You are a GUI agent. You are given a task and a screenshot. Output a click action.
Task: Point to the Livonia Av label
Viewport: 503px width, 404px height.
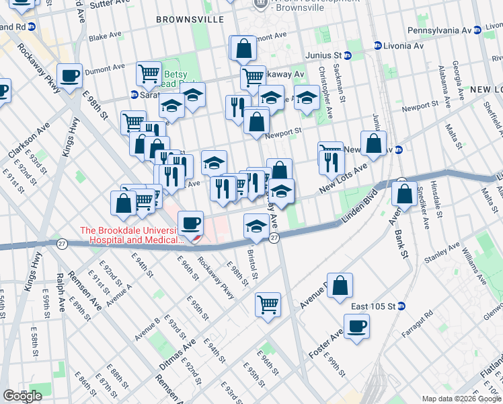pos(399,46)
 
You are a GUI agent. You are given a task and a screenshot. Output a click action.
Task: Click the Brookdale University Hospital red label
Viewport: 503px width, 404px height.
pos(132,235)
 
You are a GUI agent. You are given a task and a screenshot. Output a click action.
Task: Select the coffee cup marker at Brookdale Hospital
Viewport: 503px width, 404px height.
pos(190,222)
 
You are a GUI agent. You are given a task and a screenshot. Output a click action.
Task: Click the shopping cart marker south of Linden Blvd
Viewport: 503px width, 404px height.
pos(268,304)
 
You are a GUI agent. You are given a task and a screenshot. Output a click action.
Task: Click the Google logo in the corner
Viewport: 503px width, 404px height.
pos(22,396)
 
